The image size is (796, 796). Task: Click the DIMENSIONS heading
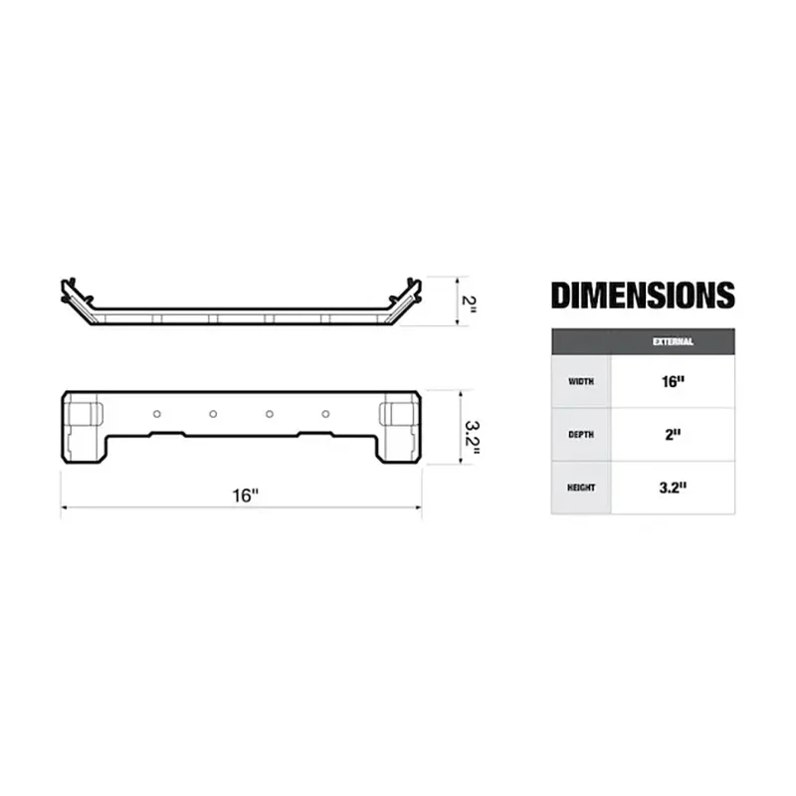(643, 296)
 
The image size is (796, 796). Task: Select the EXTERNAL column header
(673, 341)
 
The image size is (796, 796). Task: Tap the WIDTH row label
(580, 381)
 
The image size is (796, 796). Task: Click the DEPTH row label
(580, 434)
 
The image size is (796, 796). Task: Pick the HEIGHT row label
(580, 488)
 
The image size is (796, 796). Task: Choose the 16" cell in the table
(673, 381)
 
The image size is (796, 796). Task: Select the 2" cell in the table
(673, 434)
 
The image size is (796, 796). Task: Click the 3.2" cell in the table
(673, 488)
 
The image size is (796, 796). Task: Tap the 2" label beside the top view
(471, 300)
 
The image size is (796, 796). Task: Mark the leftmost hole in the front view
(156, 413)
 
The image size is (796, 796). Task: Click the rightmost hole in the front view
(325, 413)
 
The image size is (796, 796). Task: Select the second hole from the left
(213, 413)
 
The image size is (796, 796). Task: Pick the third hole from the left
(270, 413)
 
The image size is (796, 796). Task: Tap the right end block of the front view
(399, 426)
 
